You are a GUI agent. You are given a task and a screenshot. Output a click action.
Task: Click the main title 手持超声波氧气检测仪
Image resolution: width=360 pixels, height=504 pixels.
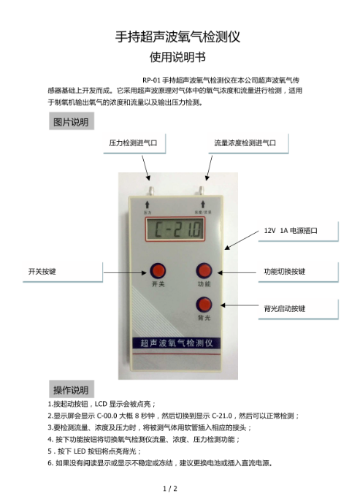pyautogui.click(x=177, y=37)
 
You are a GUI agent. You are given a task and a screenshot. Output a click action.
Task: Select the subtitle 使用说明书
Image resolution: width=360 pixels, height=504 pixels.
pyautogui.click(x=177, y=57)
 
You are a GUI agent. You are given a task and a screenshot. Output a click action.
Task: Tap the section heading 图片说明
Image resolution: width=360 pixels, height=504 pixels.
pyautogui.click(x=71, y=122)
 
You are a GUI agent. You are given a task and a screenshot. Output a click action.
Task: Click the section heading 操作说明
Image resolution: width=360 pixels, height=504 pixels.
pyautogui.click(x=71, y=390)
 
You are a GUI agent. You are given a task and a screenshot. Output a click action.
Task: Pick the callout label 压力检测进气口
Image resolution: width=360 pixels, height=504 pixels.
pyautogui.click(x=133, y=143)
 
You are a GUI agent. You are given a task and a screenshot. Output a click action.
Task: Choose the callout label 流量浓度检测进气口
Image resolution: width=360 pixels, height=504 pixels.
pyautogui.click(x=245, y=143)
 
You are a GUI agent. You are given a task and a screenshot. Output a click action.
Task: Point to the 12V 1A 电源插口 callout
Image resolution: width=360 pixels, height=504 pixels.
pyautogui.click(x=291, y=231)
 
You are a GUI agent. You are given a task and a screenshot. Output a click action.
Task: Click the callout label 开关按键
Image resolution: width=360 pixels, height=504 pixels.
pyautogui.click(x=42, y=272)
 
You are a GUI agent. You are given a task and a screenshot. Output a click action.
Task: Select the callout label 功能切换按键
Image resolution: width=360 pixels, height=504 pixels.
pyautogui.click(x=285, y=272)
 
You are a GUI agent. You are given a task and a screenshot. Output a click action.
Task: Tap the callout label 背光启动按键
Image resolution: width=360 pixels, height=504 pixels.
pyautogui.click(x=285, y=308)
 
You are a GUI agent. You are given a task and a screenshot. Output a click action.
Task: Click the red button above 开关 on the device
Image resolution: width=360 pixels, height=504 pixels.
pyautogui.click(x=158, y=271)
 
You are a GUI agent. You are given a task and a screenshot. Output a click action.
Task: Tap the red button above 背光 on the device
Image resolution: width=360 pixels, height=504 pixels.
pyautogui.click(x=204, y=305)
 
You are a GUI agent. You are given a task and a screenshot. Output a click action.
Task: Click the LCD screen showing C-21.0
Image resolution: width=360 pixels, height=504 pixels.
pyautogui.click(x=175, y=229)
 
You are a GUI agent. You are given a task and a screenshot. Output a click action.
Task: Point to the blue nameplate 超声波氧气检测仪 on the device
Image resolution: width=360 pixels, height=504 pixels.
pyautogui.click(x=177, y=343)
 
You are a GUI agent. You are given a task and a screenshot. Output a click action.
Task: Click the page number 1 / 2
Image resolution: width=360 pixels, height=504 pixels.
pyautogui.click(x=170, y=489)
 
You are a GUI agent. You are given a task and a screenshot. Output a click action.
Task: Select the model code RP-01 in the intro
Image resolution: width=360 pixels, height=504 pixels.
pyautogui.click(x=151, y=80)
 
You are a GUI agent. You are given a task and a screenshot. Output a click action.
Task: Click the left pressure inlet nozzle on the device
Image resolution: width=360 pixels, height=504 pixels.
pyautogui.click(x=150, y=191)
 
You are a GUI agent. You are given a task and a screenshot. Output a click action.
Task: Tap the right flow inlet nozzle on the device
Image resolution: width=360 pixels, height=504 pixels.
pyautogui.click(x=201, y=191)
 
